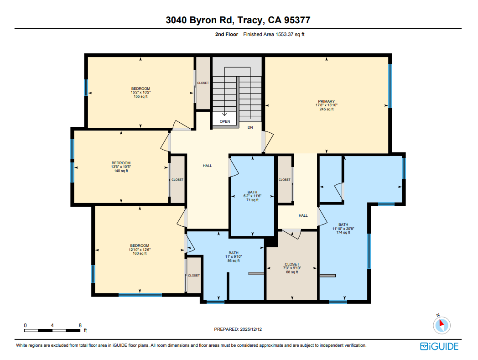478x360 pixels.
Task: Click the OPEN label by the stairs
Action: click(225, 121)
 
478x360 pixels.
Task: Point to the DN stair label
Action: click(250, 127)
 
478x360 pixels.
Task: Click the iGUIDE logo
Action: click(439, 346)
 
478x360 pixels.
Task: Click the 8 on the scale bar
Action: click(80, 325)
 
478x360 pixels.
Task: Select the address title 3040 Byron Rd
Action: click(239, 20)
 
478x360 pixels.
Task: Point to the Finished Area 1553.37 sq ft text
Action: click(274, 34)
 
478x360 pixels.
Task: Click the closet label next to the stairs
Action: click(203, 83)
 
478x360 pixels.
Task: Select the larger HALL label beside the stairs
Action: click(208, 166)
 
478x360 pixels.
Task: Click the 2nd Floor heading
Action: click(227, 34)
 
